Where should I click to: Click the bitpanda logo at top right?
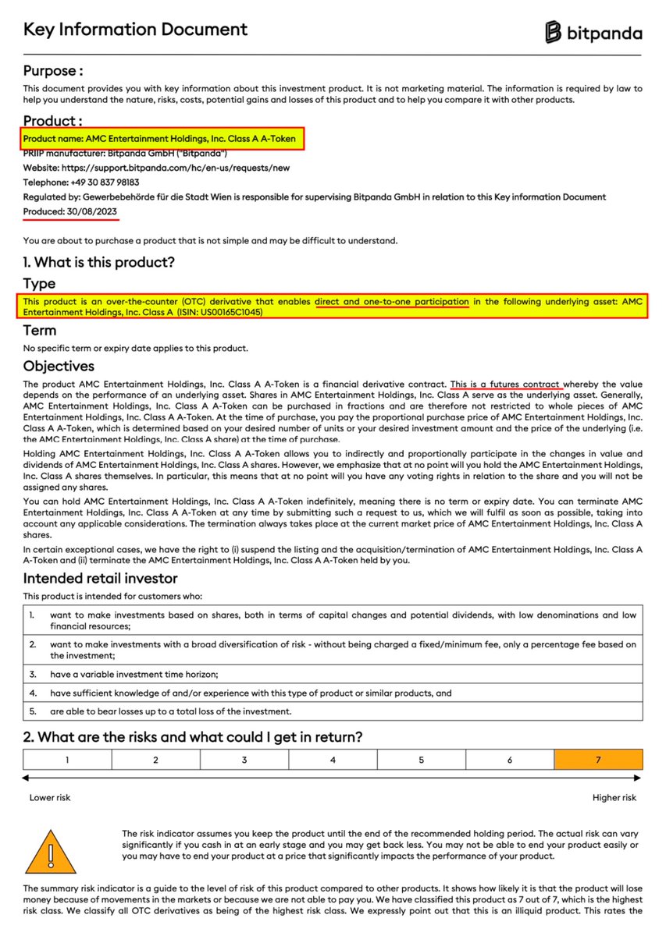point(594,32)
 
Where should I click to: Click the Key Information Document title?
point(135,30)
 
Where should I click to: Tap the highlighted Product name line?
point(160,139)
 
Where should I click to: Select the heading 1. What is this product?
point(99,262)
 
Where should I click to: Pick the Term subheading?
point(39,331)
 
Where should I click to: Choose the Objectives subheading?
point(59,366)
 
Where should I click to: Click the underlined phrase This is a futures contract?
point(506,385)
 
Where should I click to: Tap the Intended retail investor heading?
point(100,578)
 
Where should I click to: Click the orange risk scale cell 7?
point(598,760)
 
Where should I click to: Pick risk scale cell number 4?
point(333,760)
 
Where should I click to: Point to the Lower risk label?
point(49,798)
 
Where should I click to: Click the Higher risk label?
point(614,798)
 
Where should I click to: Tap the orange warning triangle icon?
point(51,850)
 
